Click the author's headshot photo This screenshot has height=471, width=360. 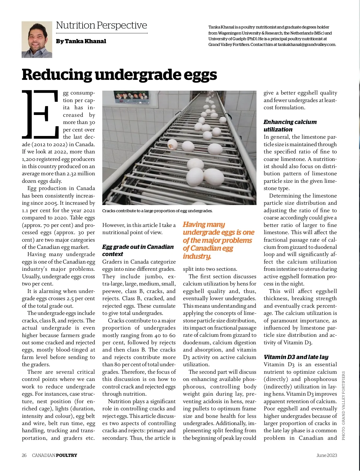(x=37, y=40)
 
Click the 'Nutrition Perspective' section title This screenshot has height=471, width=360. (x=101, y=26)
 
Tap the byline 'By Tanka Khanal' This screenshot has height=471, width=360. (x=81, y=41)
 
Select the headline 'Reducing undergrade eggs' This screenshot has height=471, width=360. (x=119, y=74)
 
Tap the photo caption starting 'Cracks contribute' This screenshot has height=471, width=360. (x=157, y=211)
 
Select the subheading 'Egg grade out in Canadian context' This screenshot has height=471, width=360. (x=138, y=250)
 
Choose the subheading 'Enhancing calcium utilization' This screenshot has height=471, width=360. (x=290, y=126)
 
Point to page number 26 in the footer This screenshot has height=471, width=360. (x=24, y=455)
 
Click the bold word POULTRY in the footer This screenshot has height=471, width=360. (x=67, y=455)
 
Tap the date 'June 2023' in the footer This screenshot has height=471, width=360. (x=327, y=455)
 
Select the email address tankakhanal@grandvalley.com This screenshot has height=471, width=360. (x=306, y=45)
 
